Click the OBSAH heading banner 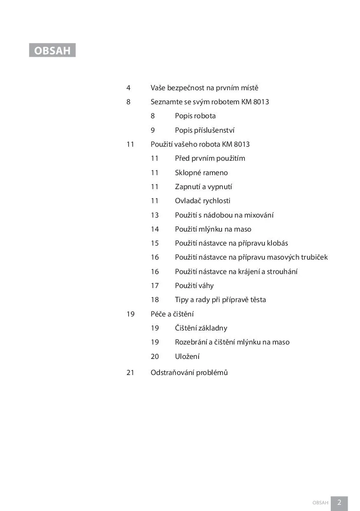52,50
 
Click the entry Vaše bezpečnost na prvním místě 204,88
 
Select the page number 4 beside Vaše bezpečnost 129,88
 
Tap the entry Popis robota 195,116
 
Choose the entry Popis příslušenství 205,130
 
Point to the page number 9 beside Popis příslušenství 153,130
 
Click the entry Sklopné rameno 201,173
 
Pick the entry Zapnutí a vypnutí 203,187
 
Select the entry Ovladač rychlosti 203,201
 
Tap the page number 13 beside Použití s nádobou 154,215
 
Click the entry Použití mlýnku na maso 213,229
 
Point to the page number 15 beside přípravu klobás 154,243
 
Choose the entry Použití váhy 194,286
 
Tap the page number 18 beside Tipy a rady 154,300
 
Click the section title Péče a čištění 172,314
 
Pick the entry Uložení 187,356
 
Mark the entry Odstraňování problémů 189,373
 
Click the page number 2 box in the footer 339,502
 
